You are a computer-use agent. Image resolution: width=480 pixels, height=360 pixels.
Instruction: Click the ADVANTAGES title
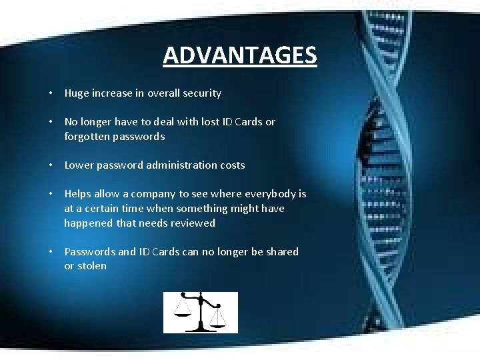[x=240, y=55]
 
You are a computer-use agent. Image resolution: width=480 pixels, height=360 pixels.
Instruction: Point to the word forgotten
[x=87, y=136]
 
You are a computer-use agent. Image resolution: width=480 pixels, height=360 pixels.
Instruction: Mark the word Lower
[x=78, y=165]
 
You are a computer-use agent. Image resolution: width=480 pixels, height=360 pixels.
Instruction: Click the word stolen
[x=92, y=266]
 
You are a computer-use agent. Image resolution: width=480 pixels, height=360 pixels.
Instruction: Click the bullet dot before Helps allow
[x=51, y=194]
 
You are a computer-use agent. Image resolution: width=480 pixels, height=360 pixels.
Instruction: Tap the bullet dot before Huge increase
[x=51, y=93]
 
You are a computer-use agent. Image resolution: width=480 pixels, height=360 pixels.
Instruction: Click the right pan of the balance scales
[x=218, y=325]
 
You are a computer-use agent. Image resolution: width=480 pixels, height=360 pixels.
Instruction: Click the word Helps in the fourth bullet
[x=77, y=194]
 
